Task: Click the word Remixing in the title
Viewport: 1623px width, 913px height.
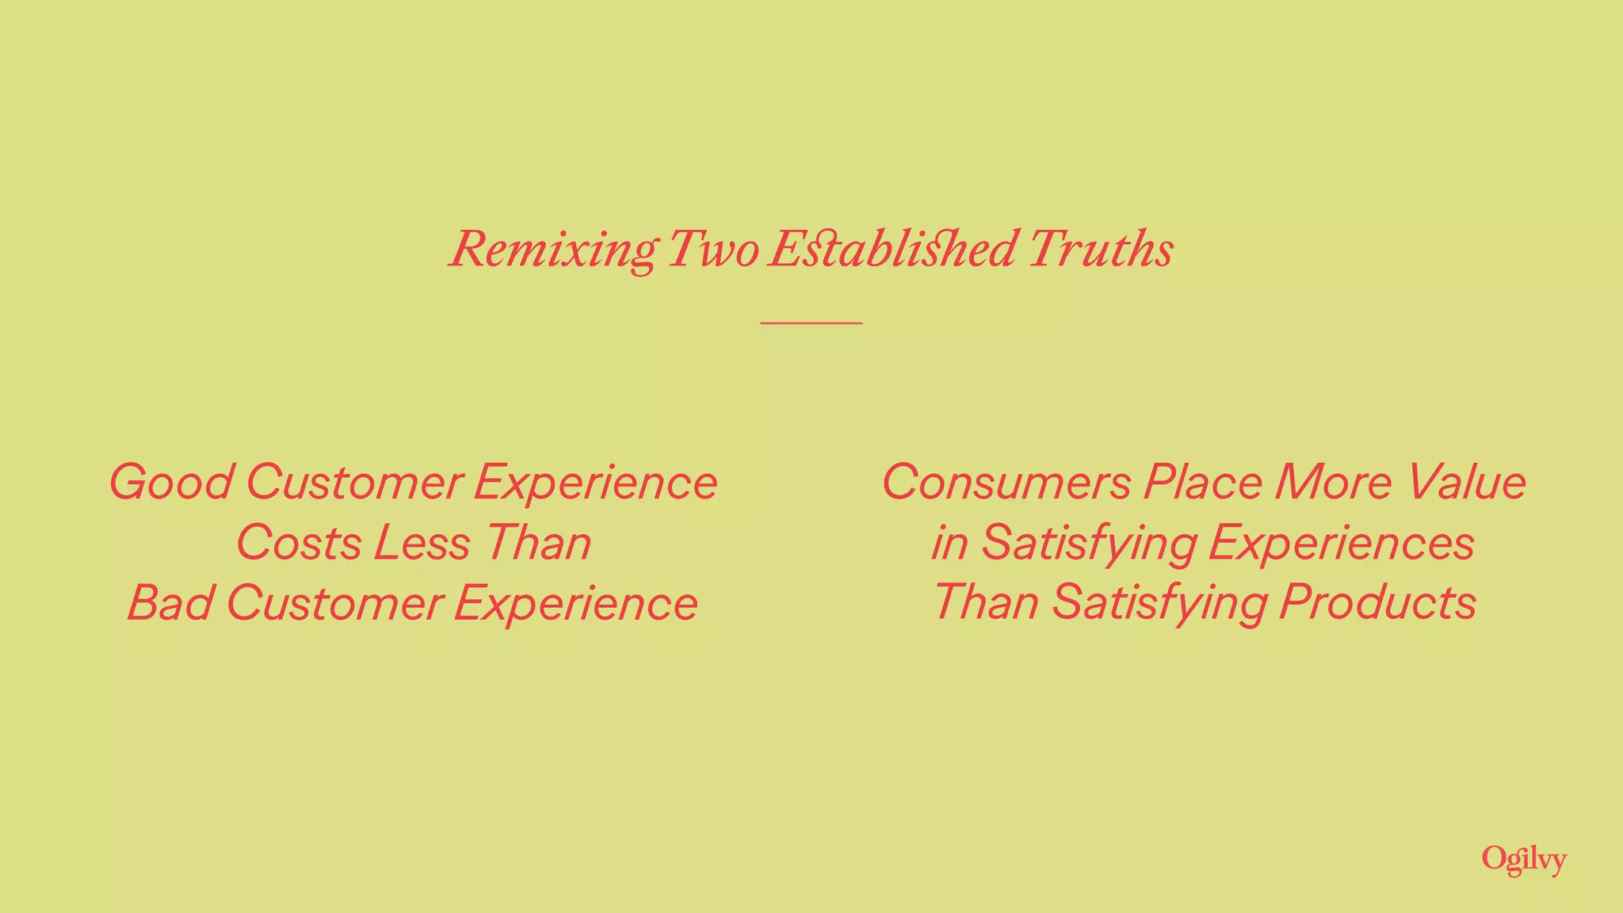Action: pos(553,250)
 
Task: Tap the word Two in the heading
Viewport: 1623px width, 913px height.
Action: pos(713,250)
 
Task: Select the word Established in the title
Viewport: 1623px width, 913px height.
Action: pos(892,250)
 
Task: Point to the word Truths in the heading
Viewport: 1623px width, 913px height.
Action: pos(1102,250)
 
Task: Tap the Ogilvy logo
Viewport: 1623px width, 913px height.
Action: pos(1524,860)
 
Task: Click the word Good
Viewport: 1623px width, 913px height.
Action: pos(171,483)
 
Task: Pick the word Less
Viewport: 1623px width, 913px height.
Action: pos(422,544)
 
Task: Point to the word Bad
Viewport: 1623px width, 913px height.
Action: pos(170,603)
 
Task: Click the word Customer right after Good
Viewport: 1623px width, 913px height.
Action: pos(354,483)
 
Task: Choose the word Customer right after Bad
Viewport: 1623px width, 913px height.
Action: pos(334,603)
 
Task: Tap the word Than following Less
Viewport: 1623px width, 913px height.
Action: pos(538,544)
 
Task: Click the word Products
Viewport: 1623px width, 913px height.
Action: pos(1378,603)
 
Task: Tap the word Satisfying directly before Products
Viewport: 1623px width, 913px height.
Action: pos(1160,603)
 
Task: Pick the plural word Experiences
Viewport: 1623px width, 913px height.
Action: pos(1342,544)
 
